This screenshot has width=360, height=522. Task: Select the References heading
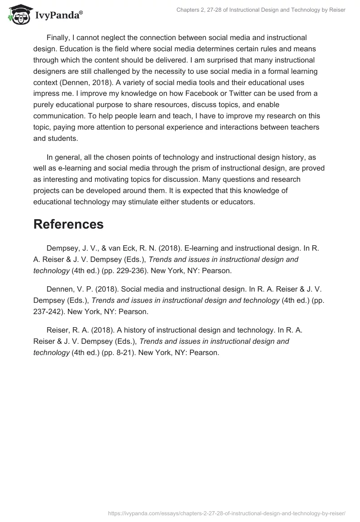68,224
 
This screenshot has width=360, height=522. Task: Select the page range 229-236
135,270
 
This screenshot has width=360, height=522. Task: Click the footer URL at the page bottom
227,513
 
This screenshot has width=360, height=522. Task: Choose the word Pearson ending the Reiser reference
205,352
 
